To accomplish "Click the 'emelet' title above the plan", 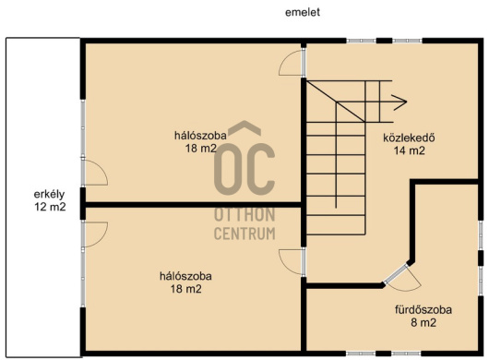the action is tap(303, 12).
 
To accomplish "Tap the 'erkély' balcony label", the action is tap(49, 195).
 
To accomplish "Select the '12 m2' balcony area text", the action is tap(50, 207).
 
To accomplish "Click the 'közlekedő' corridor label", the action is tap(409, 138).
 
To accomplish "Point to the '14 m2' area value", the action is tap(409, 150).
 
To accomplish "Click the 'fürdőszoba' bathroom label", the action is tap(423, 310).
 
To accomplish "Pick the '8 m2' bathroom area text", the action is tap(423, 322).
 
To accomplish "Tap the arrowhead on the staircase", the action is tap(400, 102).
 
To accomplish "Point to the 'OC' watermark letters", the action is tap(244, 169).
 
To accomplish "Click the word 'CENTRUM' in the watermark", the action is tap(244, 234).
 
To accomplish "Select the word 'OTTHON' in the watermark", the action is tap(244, 215).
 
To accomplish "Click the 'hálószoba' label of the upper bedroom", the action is tap(200, 136).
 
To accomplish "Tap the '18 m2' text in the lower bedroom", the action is tap(185, 289).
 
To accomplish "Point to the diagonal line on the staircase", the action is tap(336, 102).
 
